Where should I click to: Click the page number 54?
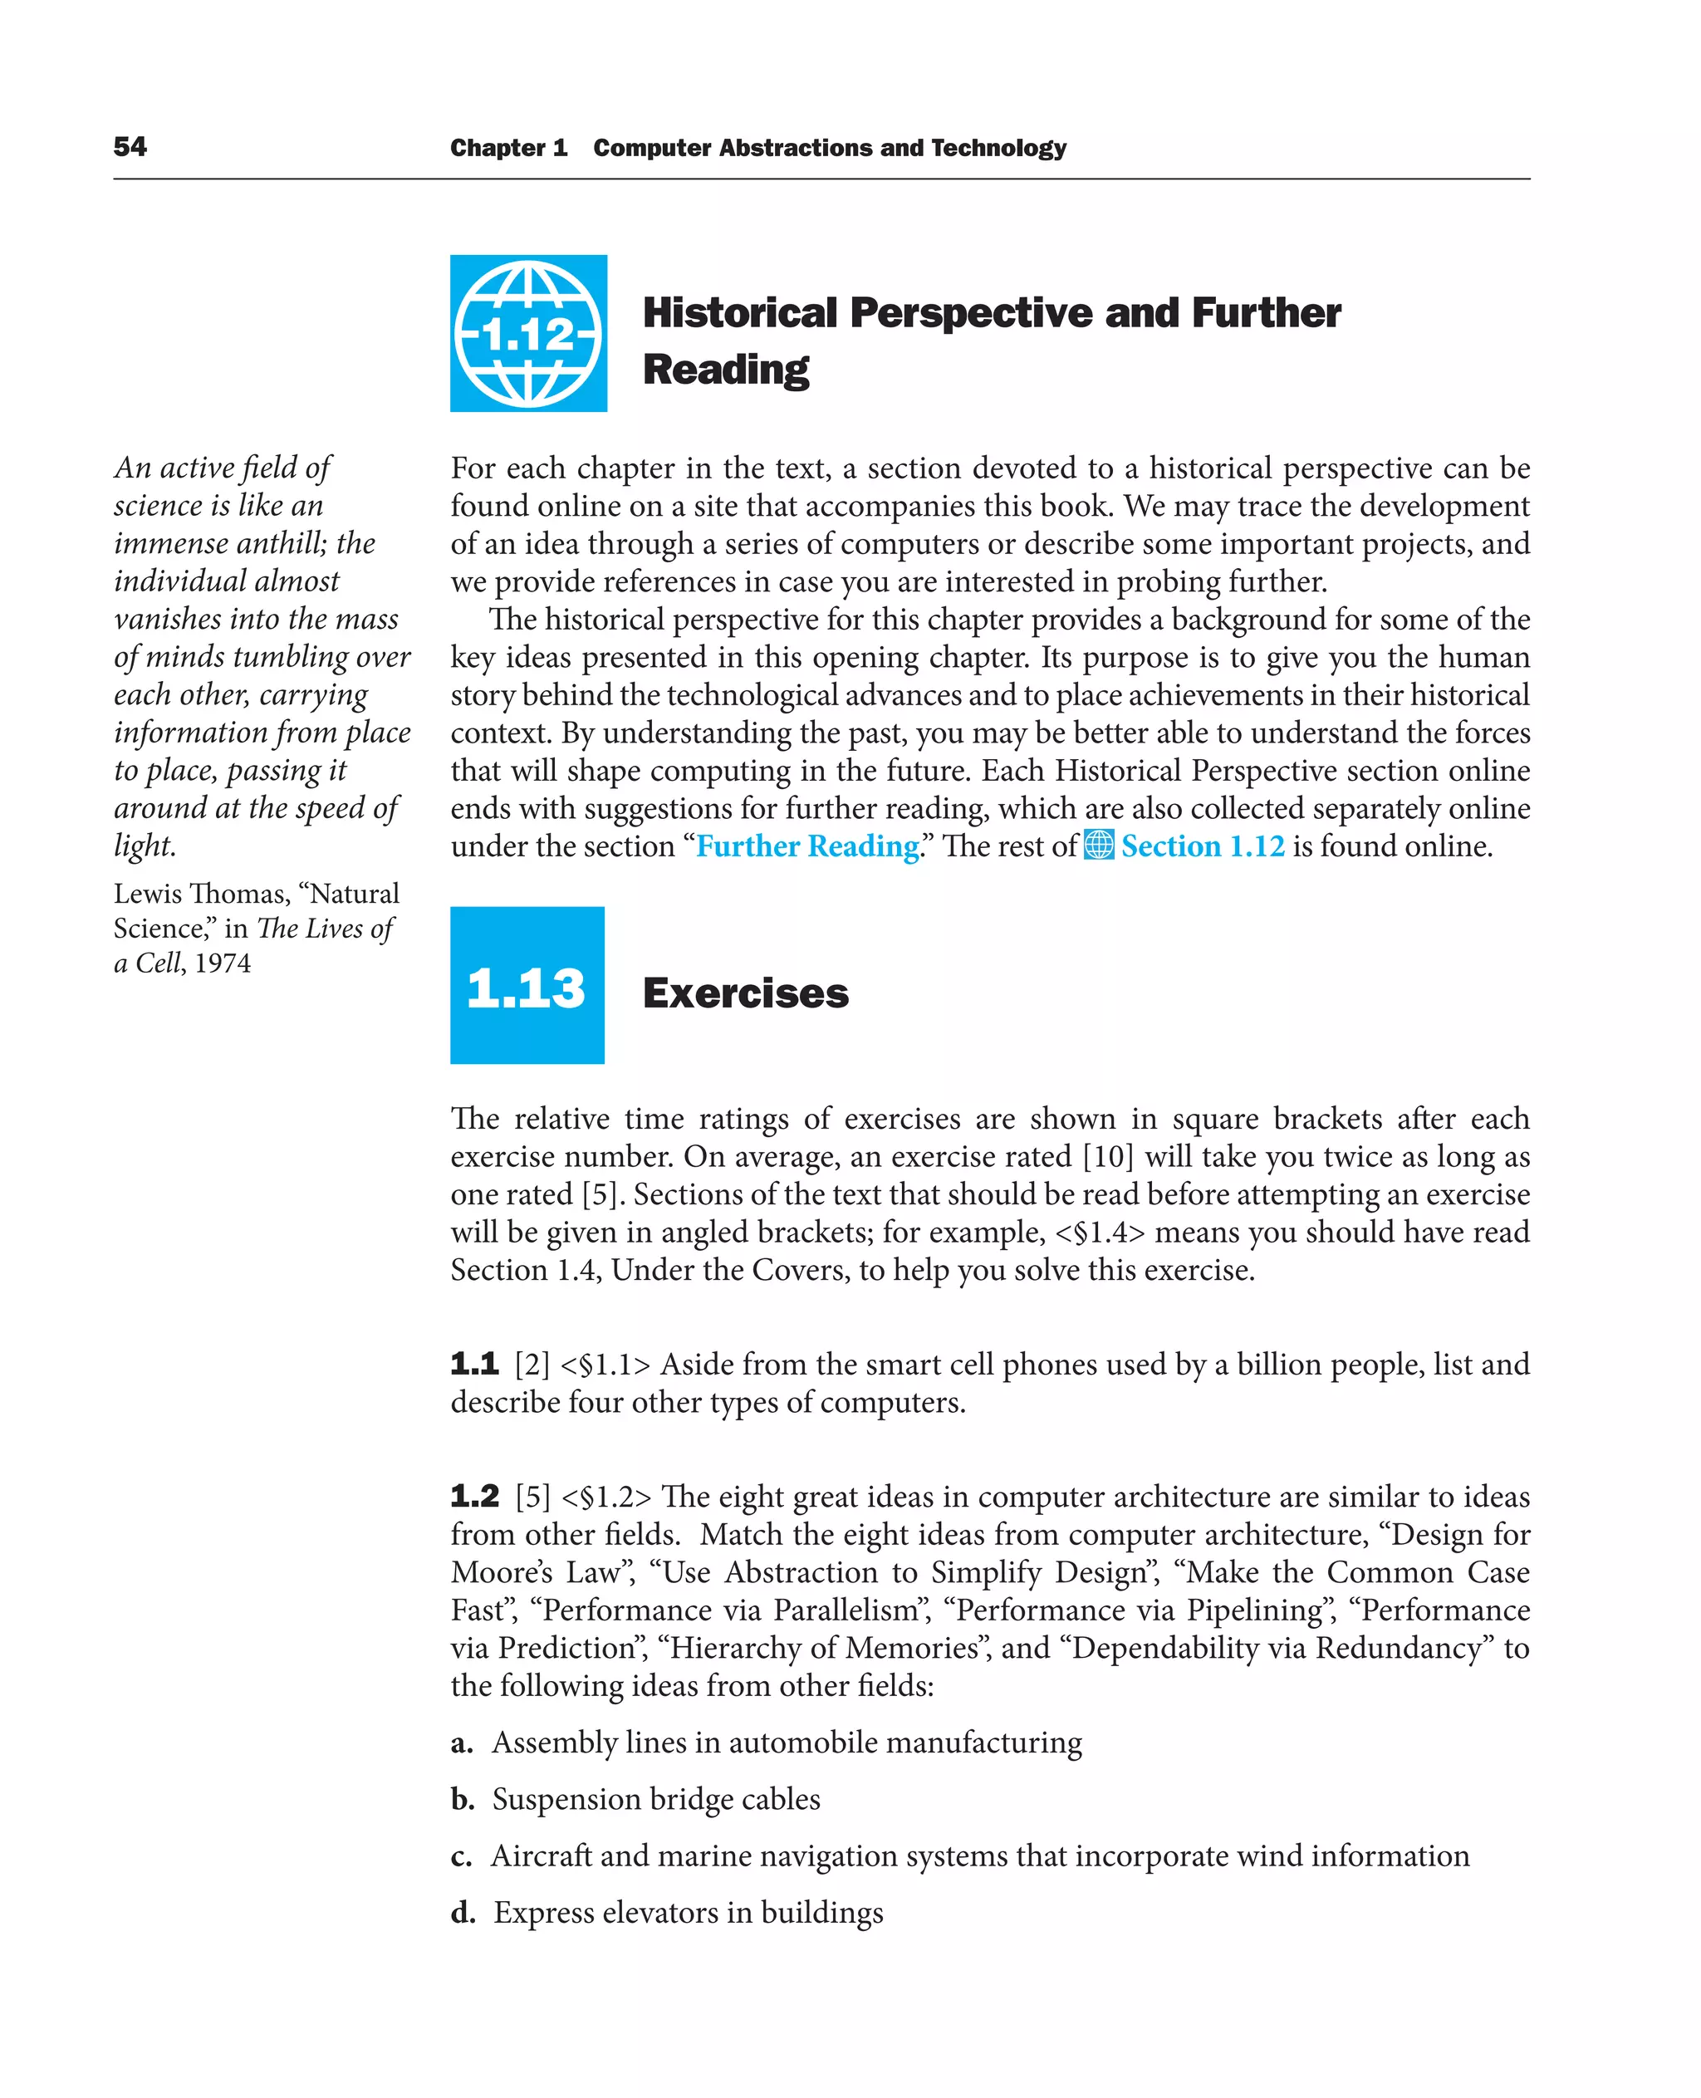click(130, 147)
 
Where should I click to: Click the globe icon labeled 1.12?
click(528, 333)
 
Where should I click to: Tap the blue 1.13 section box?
click(527, 986)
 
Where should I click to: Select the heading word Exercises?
click(745, 993)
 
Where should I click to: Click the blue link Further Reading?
click(806, 846)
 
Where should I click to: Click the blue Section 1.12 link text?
click(1203, 846)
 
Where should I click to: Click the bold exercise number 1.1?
click(474, 1364)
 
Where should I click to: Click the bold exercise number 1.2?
click(474, 1497)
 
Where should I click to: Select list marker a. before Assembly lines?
click(462, 1743)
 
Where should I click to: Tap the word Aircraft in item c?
click(542, 1856)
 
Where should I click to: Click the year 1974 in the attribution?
click(223, 964)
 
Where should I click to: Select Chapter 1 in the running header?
click(508, 148)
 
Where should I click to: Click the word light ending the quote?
click(143, 846)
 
